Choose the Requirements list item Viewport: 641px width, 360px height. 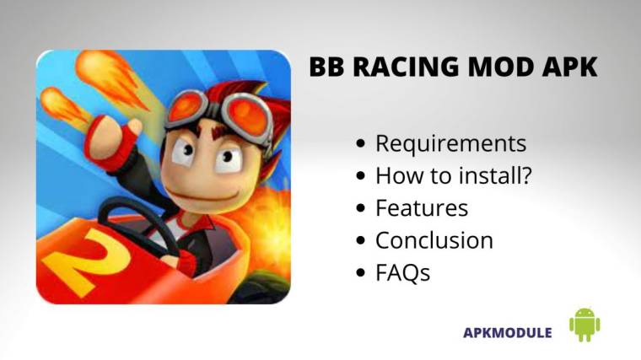[450, 143]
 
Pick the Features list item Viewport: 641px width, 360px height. [421, 207]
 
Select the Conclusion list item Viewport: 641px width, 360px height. [434, 239]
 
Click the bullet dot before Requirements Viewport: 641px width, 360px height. [361, 144]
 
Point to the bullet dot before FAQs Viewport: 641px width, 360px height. [361, 272]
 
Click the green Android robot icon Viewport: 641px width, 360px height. [584, 325]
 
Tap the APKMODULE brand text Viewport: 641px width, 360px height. [508, 332]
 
